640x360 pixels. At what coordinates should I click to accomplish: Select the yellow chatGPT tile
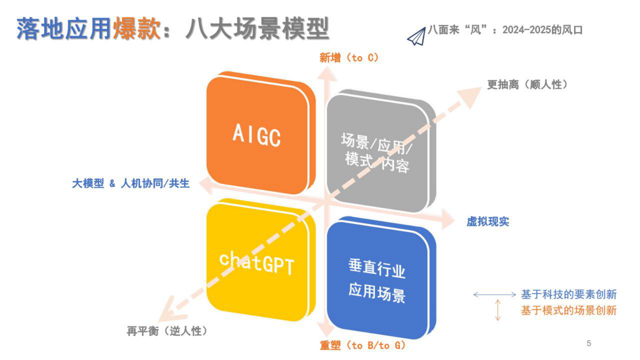click(258, 262)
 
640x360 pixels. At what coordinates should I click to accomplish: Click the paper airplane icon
click(417, 37)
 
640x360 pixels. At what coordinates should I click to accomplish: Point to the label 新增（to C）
click(349, 58)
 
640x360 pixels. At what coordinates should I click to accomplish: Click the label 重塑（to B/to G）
click(362, 345)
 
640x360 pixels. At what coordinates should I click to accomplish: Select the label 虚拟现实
click(488, 222)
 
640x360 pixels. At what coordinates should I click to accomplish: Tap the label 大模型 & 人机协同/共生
click(131, 184)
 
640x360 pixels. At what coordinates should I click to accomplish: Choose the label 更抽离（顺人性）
click(527, 85)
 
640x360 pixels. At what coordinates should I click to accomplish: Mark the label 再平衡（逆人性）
click(167, 331)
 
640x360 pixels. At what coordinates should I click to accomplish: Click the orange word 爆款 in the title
click(137, 29)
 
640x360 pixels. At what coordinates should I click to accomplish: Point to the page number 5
click(589, 343)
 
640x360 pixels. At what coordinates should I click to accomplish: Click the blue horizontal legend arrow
click(494, 295)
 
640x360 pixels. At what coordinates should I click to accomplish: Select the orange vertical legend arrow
click(498, 310)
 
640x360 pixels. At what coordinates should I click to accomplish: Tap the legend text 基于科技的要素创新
click(569, 295)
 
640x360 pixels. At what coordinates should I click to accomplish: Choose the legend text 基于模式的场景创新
click(569, 310)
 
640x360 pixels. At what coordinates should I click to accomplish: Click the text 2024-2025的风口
click(542, 30)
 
